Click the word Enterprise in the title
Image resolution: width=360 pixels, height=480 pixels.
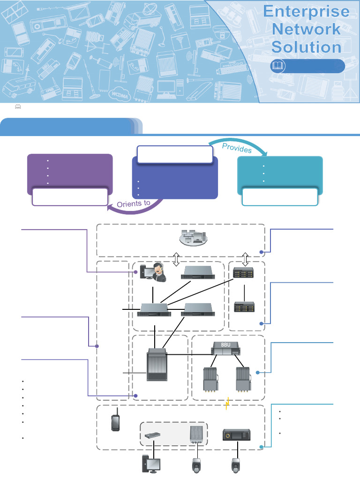(307, 11)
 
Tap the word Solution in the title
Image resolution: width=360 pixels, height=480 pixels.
(307, 46)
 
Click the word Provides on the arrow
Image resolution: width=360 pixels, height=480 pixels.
(237, 148)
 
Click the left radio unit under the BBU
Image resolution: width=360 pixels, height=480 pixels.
(209, 379)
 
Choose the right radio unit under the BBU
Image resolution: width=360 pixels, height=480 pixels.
(243, 379)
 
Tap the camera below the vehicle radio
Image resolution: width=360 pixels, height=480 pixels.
(235, 467)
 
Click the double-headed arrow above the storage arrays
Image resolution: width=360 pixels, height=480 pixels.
(246, 259)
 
